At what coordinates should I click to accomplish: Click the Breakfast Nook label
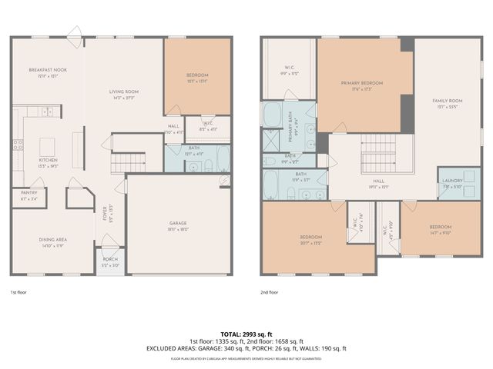tap(48, 70)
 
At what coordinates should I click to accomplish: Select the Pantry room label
tap(28, 194)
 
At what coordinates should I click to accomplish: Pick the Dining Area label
tap(52, 239)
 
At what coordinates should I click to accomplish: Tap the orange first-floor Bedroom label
tap(197, 75)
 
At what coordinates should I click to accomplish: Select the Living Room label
tap(123, 91)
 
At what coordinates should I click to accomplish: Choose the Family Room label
tap(447, 101)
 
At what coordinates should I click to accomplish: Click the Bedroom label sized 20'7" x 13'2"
tap(317, 237)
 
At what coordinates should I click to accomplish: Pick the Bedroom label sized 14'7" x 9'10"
tap(440, 228)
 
